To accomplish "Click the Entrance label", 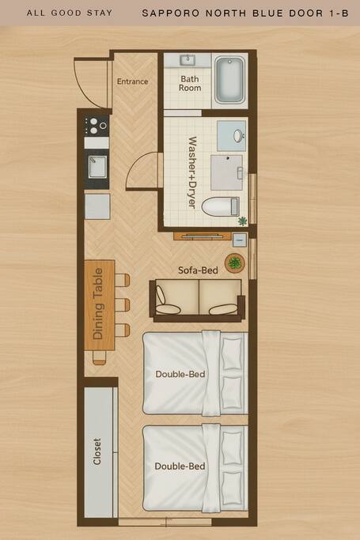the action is [132, 81].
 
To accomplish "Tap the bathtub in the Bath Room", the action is [229, 80].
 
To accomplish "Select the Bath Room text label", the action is [189, 83].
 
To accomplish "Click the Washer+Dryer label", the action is [192, 172].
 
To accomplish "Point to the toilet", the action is [220, 207].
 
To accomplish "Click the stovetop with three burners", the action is [97, 126].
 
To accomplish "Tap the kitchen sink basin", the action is [97, 167].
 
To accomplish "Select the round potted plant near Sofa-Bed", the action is [235, 263].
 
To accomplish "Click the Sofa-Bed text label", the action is [198, 270].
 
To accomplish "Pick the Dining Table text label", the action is [98, 304].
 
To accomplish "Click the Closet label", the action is [97, 451].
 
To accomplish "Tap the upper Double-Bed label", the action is [180, 374].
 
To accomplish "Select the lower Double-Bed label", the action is [180, 466].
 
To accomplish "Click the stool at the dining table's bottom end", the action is [99, 357].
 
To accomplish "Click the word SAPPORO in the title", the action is [171, 13].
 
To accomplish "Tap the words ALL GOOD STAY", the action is [70, 13].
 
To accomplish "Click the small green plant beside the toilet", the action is [243, 221].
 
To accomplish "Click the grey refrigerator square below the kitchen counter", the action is [97, 206].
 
